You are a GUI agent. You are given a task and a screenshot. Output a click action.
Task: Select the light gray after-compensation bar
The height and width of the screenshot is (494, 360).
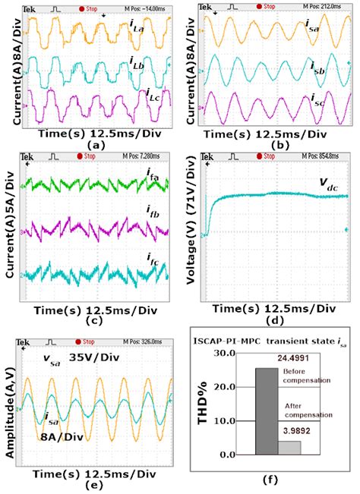291,447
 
